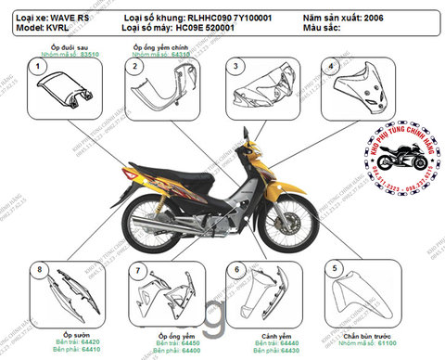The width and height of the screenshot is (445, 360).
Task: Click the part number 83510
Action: (x=89, y=56)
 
